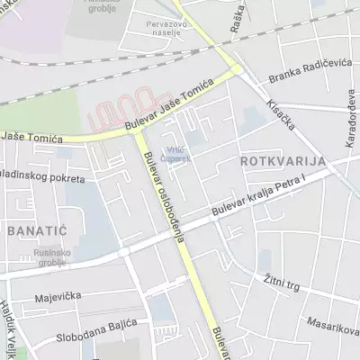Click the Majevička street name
tap(58, 296)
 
